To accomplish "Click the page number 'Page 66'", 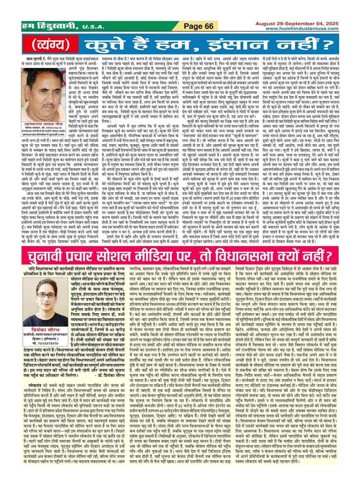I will (199, 26).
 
